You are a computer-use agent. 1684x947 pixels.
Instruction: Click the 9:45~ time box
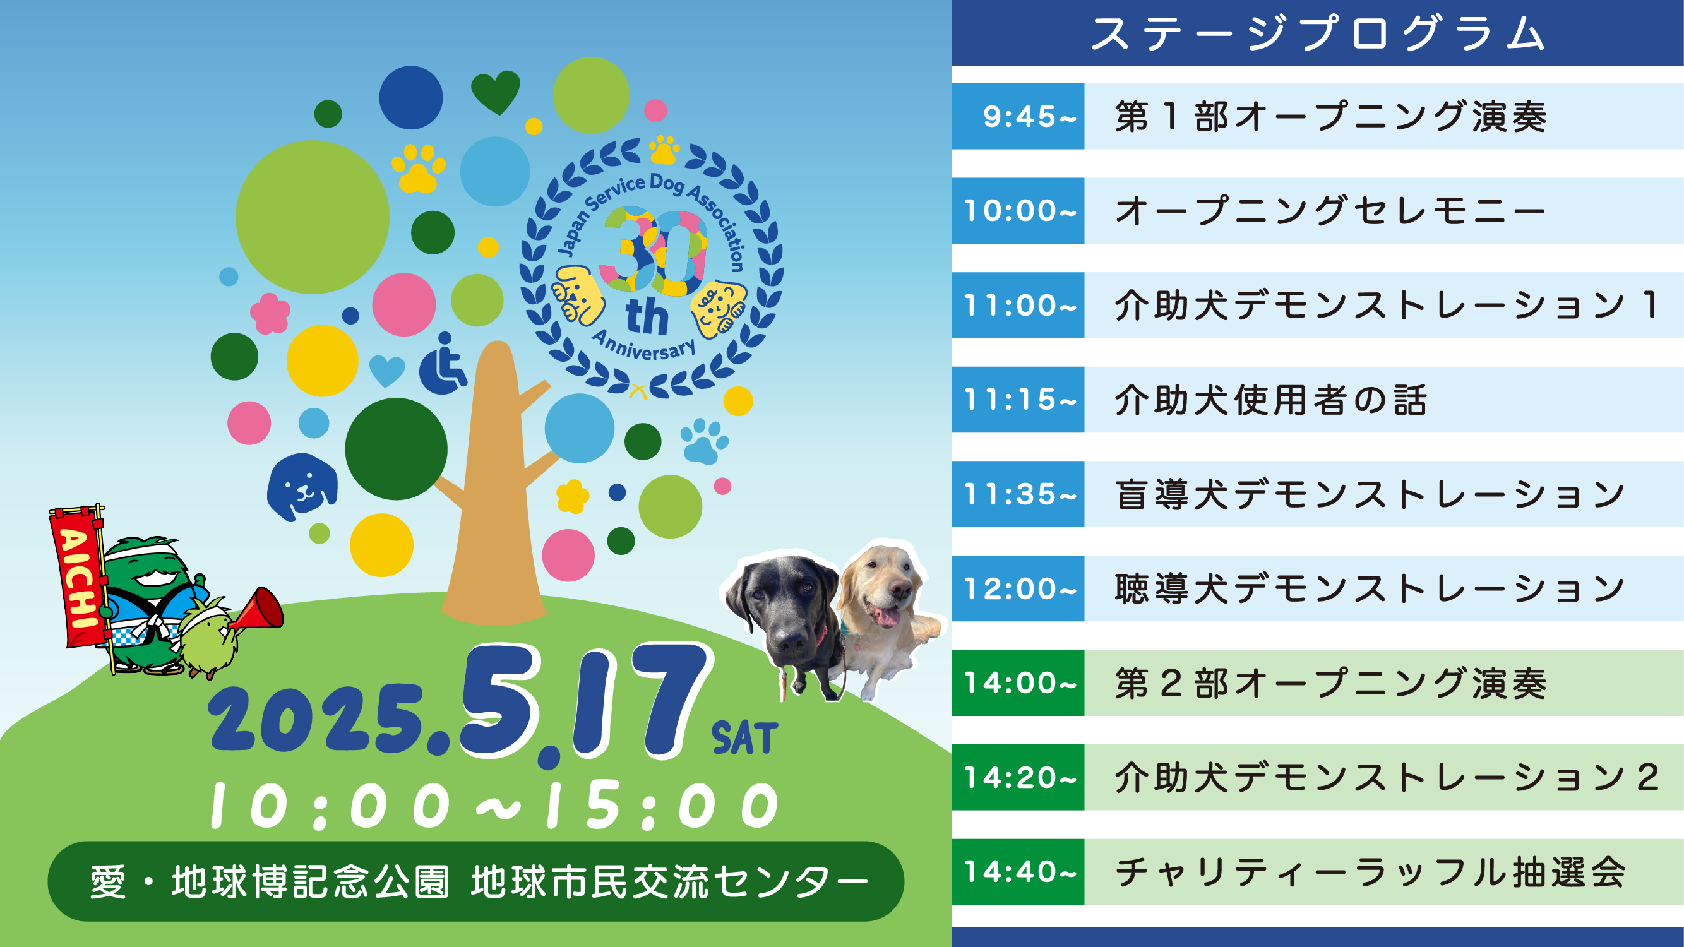1018,116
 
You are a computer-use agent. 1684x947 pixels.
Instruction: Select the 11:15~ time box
1018,400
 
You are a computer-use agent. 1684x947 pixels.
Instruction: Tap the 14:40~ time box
1018,872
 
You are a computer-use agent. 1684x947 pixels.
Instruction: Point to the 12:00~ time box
1018,588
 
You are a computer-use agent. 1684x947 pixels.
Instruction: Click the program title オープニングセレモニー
1330,210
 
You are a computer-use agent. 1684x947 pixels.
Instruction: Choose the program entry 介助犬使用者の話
1271,400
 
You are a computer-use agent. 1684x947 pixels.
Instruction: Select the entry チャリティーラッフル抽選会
1370,872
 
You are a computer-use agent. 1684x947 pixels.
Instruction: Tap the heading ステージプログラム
1318,33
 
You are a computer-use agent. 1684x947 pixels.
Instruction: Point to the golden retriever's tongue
885,616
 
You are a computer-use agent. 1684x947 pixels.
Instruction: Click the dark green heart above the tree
496,92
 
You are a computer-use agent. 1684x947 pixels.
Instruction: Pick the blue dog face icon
302,487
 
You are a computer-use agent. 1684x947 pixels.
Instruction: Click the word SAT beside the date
744,738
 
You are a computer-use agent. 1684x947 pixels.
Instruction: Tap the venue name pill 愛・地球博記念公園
476,881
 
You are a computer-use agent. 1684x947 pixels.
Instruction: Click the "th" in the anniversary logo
647,317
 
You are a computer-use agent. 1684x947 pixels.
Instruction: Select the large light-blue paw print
703,441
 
